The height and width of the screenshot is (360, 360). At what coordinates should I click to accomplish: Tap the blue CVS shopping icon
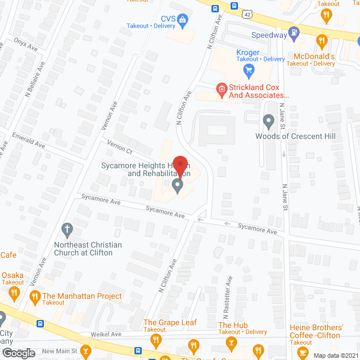click(183, 21)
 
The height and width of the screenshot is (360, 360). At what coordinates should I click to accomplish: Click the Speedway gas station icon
click(293, 33)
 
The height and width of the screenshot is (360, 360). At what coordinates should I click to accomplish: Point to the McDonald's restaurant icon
click(322, 40)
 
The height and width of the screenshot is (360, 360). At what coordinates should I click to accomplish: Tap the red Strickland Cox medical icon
click(222, 88)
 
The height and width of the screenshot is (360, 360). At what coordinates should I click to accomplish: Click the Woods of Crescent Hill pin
click(268, 120)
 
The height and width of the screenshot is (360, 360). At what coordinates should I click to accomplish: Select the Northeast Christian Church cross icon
click(67, 229)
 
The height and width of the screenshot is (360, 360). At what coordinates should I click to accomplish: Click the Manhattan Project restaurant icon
click(35, 296)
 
